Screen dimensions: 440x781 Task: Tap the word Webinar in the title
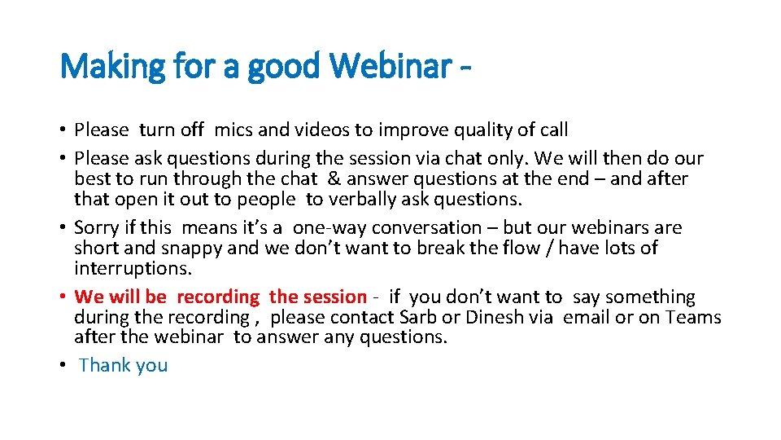point(389,65)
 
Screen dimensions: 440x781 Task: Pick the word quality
point(469,130)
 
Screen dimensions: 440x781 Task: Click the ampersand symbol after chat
point(334,178)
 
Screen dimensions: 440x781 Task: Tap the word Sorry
point(97,227)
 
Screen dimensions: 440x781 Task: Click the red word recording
point(218,297)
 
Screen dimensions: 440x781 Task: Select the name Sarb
point(460,317)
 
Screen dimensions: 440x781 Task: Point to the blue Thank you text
point(124,365)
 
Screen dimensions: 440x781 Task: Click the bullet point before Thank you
point(63,365)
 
